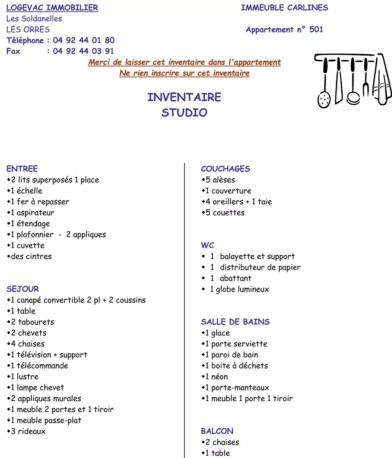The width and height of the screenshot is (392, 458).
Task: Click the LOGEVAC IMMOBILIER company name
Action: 52,8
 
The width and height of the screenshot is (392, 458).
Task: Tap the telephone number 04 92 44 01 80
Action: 83,40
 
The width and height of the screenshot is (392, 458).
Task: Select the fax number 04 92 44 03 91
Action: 83,51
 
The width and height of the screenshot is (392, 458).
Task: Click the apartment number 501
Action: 316,29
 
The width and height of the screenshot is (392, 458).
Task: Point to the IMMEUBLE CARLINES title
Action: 284,8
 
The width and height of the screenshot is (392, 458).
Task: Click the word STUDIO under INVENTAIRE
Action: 184,113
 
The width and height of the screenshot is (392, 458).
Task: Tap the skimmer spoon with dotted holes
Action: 324,98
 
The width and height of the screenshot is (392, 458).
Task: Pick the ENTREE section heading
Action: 22,169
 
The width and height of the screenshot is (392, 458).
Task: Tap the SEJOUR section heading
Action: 23,289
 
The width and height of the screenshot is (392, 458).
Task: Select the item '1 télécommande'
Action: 40,366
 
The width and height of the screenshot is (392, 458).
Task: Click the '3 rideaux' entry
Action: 28,431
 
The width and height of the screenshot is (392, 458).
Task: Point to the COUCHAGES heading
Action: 225,169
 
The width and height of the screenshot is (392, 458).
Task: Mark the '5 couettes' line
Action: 225,212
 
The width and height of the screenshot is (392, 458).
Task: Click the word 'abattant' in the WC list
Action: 236,278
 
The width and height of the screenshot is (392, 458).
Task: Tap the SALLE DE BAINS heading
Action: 235,322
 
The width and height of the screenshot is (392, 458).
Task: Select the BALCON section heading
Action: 217,431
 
